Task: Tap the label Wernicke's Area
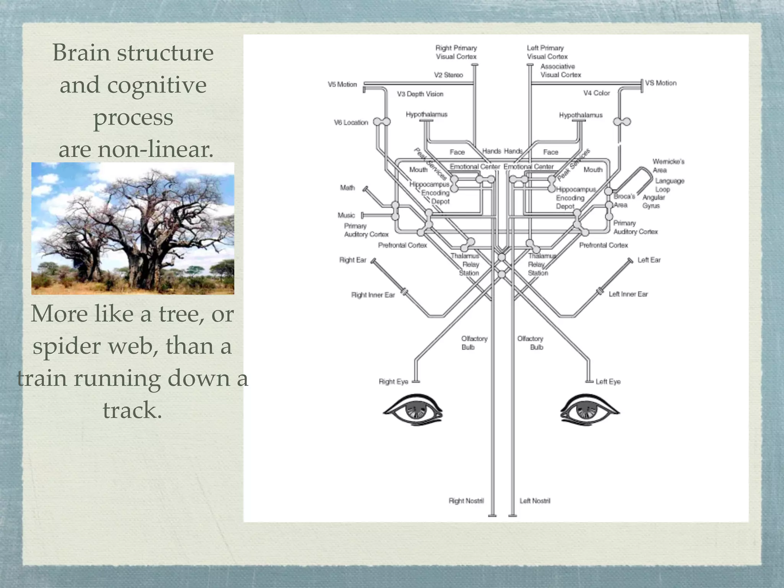click(668, 166)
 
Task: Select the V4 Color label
click(596, 93)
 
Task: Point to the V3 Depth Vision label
click(420, 94)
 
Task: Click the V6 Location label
click(351, 122)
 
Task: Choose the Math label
click(347, 188)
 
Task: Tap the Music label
click(346, 215)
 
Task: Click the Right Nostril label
click(466, 501)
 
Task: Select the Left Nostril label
click(535, 501)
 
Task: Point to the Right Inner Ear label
click(373, 295)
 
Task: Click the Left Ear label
click(649, 260)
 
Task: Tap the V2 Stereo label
click(448, 75)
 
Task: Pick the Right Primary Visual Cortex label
click(456, 52)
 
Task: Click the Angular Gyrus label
click(653, 201)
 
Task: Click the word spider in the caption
click(65, 346)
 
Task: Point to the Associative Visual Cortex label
click(560, 70)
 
